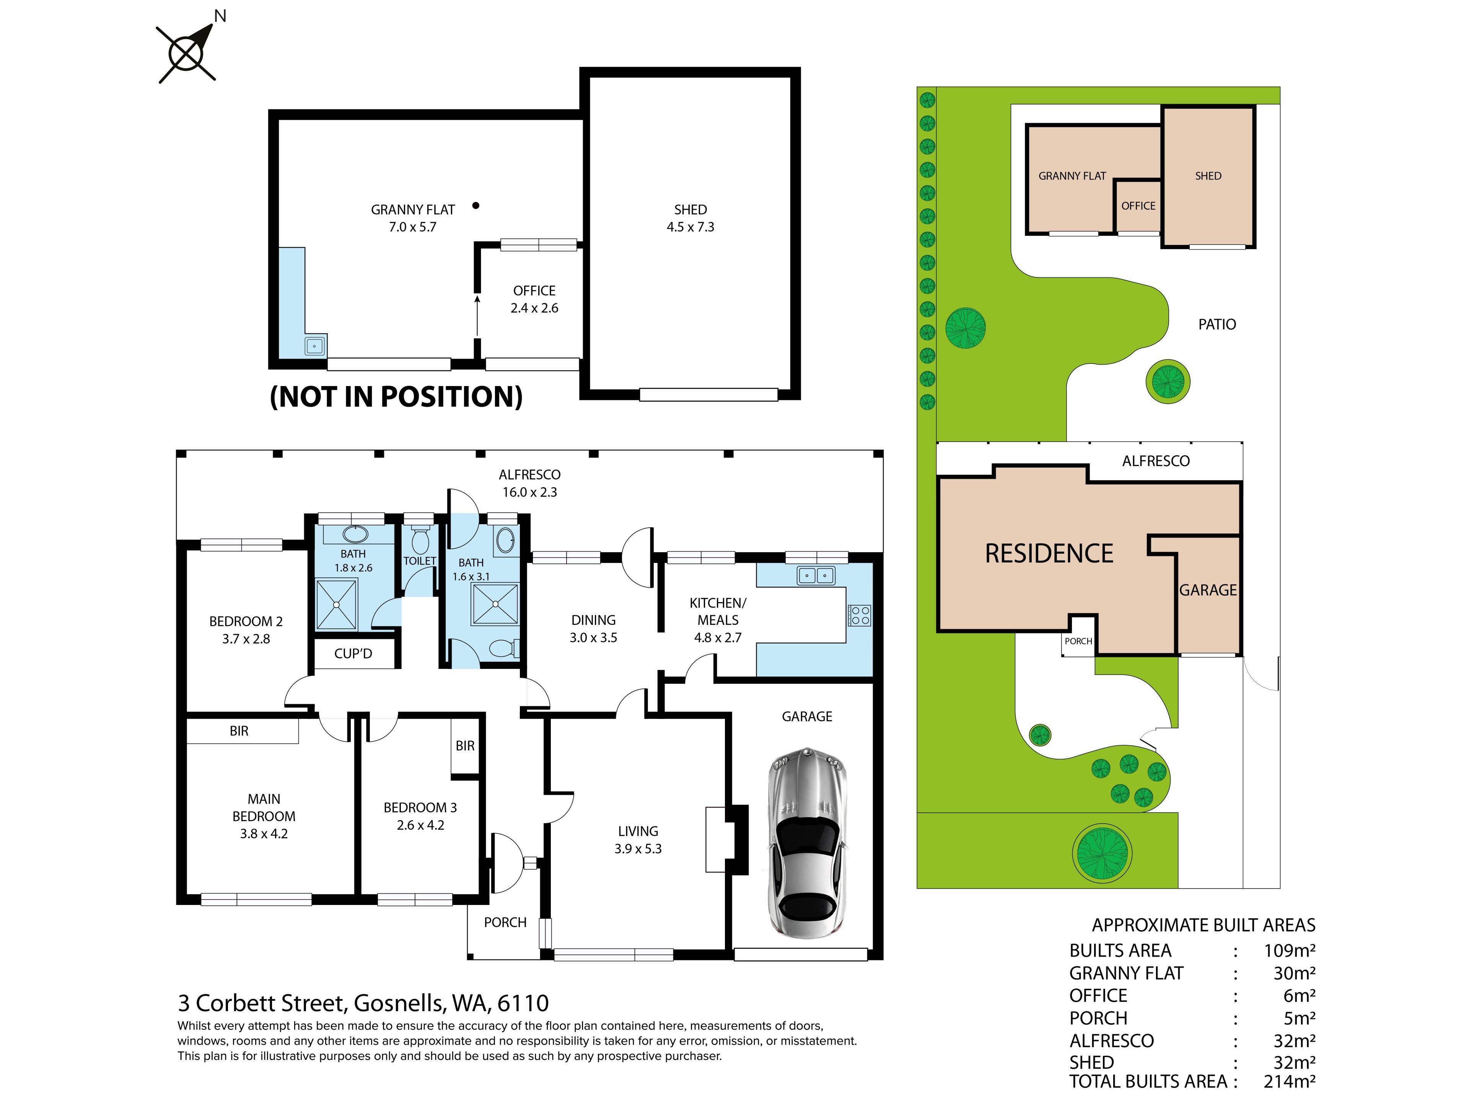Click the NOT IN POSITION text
pyautogui.click(x=396, y=396)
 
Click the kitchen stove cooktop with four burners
pyautogui.click(x=860, y=615)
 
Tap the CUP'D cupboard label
pyautogui.click(x=353, y=654)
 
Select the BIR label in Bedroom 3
pyautogui.click(x=465, y=746)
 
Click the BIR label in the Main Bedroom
pyautogui.click(x=239, y=731)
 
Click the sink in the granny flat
pyautogui.click(x=315, y=346)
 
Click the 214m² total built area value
pyautogui.click(x=1290, y=1081)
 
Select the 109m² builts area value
pyautogui.click(x=1290, y=950)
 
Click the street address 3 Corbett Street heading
pyautogui.click(x=363, y=1003)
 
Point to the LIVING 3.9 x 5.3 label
pyautogui.click(x=638, y=840)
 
